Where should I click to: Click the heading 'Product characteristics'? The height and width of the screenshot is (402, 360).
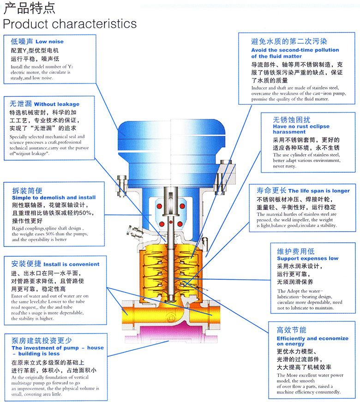[x=70, y=23]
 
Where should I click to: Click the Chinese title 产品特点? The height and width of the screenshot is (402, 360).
[x=29, y=8]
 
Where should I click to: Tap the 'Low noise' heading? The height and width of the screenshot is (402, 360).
[x=49, y=42]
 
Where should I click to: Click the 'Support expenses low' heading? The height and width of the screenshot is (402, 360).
[x=307, y=258]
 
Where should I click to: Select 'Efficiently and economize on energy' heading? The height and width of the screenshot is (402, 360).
[x=312, y=341]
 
